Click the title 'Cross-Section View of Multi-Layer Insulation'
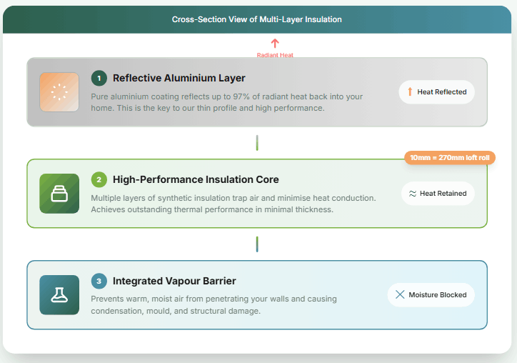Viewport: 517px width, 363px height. coord(257,19)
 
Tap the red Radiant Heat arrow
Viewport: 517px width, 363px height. coord(275,44)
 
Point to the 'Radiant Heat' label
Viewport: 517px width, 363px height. coord(275,55)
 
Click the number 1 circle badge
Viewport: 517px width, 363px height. coord(99,78)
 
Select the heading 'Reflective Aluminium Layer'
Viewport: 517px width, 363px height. coord(179,78)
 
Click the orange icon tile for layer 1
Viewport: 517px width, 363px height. coord(59,92)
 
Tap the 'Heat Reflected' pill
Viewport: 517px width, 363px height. coord(436,92)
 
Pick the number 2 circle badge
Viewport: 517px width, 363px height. coord(99,179)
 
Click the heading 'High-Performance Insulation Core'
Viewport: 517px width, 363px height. coord(196,179)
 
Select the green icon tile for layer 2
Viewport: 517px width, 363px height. coord(59,194)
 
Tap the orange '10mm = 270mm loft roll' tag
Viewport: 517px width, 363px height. coord(450,158)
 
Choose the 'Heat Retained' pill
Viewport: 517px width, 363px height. coord(436,194)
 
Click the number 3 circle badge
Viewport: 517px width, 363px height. coord(99,281)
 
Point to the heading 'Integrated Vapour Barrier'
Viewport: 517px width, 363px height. coord(174,281)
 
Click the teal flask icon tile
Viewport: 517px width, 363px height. coord(59,295)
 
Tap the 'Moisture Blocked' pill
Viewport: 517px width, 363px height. coord(431,295)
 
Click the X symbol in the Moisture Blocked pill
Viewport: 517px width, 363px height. coord(400,295)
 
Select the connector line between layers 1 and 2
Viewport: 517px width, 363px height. coord(257,142)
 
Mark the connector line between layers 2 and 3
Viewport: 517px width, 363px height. coord(257,244)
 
